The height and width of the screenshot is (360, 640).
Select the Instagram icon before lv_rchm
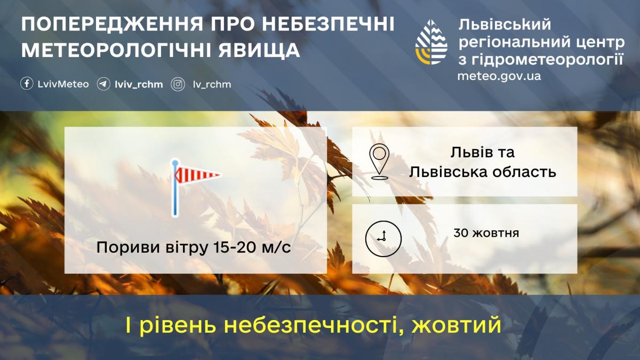[178, 84]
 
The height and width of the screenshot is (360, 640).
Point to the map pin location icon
[379, 161]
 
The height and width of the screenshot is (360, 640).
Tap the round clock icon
[382, 237]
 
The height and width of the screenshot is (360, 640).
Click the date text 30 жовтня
[486, 233]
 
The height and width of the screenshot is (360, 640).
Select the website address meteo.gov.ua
[499, 76]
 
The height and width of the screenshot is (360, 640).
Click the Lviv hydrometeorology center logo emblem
[431, 42]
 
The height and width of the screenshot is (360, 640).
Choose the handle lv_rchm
[212, 84]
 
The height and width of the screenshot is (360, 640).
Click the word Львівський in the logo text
[503, 25]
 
